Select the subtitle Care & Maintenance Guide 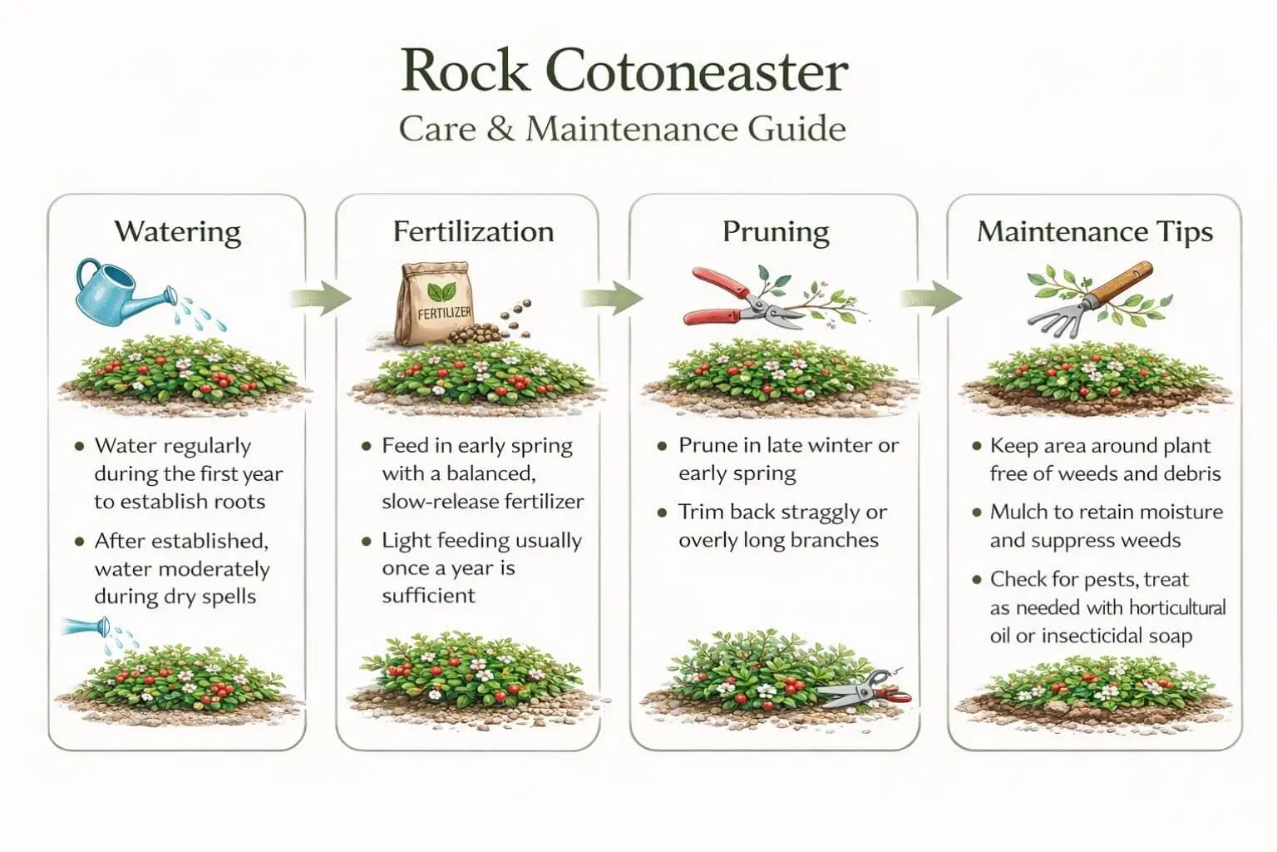(x=622, y=129)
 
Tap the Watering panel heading (x=177, y=231)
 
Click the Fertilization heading (x=473, y=231)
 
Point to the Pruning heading (x=775, y=231)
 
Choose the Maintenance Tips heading (x=1094, y=231)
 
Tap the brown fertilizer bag (x=434, y=305)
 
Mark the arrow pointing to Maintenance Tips (x=932, y=297)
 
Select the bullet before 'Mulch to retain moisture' (x=977, y=513)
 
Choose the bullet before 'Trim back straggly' (x=663, y=513)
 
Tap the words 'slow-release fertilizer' (x=482, y=502)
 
